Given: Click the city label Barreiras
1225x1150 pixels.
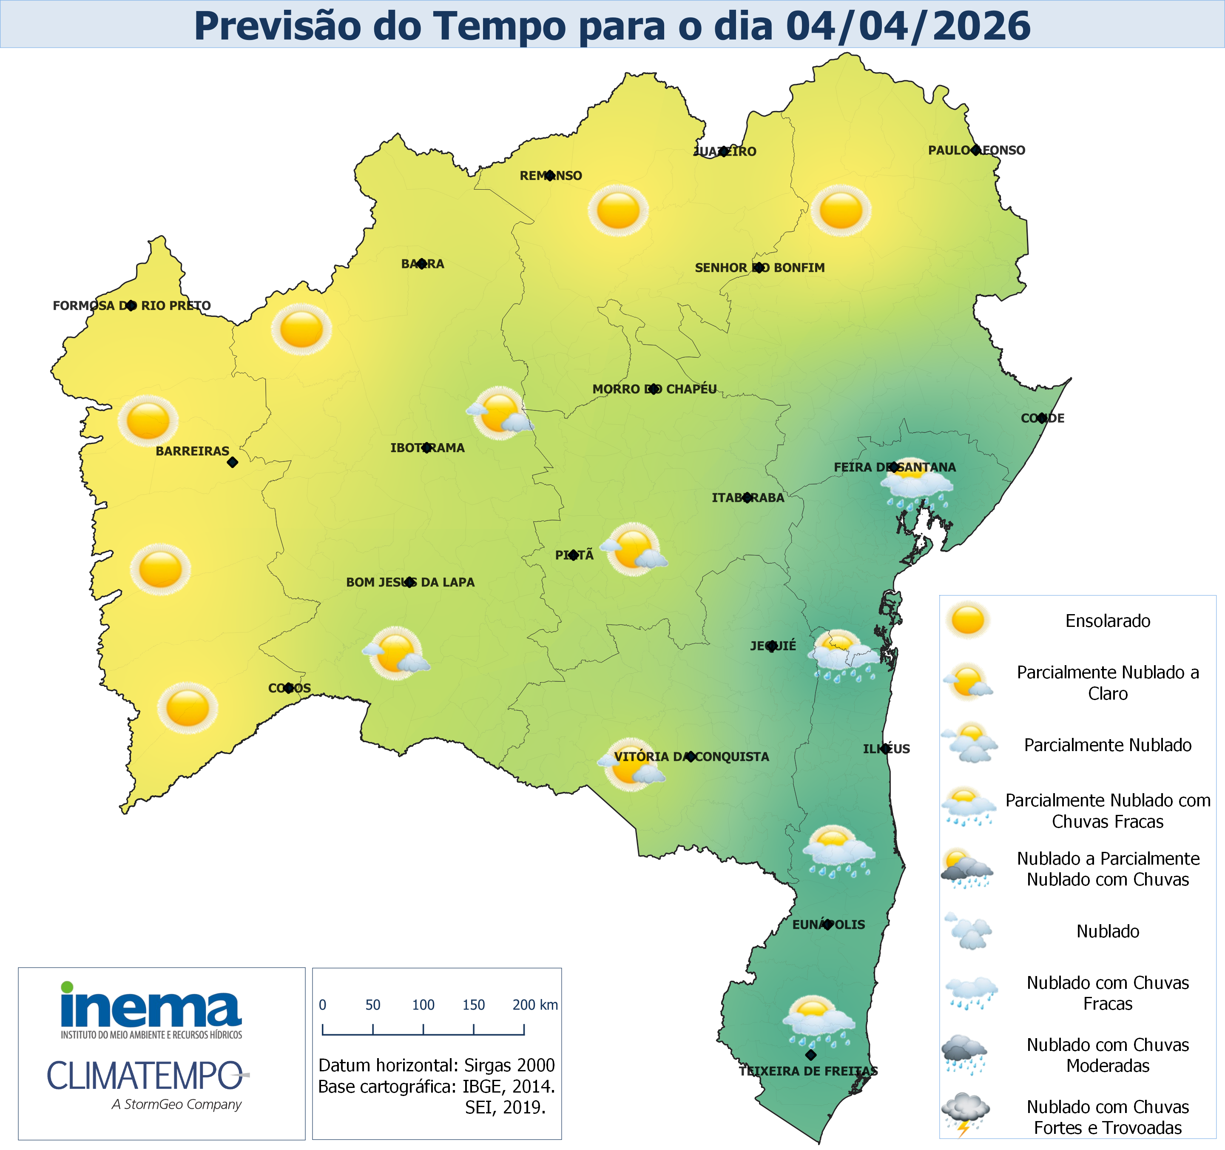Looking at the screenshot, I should point(192,451).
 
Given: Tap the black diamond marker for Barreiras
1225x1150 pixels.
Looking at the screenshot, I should point(232,462).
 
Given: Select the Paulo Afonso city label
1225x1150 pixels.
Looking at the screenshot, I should point(977,151).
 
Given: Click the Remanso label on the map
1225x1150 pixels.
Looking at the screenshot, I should point(550,176).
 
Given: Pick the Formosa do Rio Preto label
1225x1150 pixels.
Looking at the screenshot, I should point(131,306).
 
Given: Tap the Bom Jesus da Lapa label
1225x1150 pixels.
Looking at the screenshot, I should point(410,582).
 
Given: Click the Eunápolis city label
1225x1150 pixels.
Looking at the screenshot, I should point(828,925).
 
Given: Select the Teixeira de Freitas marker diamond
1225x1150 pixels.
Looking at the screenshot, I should point(811,1055).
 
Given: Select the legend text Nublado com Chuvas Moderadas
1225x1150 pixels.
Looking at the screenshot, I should point(1107,1055).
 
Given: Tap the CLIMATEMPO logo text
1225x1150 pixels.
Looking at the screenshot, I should point(145,1076).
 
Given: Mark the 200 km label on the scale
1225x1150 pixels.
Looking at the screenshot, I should point(535,1005).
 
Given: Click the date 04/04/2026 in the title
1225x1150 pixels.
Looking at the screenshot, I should point(908,26).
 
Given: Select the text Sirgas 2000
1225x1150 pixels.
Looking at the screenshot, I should point(509,1065).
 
